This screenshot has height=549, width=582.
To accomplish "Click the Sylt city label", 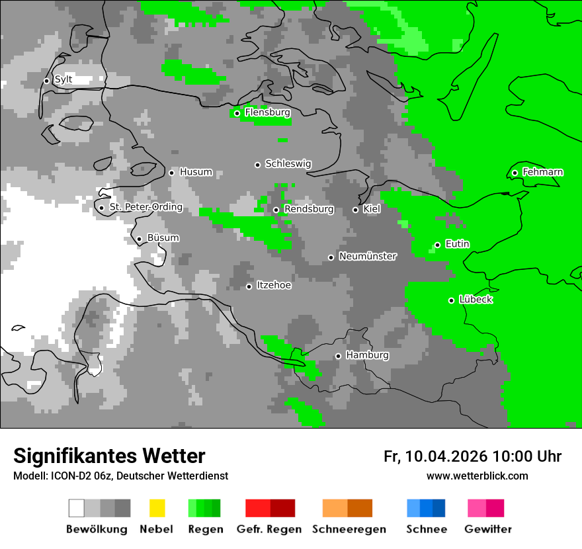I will (x=63, y=79).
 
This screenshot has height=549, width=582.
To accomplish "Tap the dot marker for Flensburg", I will (x=237, y=113).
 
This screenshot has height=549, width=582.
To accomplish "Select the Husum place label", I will (x=196, y=172).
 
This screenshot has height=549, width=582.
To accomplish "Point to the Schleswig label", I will (x=288, y=163).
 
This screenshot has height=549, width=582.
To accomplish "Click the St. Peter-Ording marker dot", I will (x=101, y=208).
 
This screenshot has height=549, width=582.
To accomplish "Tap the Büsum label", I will (x=163, y=238).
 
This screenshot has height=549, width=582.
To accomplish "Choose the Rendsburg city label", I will (x=309, y=209).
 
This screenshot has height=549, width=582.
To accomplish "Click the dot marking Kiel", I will (x=355, y=210).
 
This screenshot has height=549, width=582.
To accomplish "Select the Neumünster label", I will (x=368, y=256).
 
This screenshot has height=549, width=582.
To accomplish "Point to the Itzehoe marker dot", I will (x=249, y=286).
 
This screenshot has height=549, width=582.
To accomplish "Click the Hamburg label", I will (x=367, y=355).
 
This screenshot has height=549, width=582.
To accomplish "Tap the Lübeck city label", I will (x=476, y=300).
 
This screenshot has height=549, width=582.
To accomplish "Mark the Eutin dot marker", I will (x=437, y=245).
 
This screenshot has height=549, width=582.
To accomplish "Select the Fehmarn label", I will (x=542, y=172).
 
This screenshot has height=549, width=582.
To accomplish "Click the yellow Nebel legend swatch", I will (x=157, y=508).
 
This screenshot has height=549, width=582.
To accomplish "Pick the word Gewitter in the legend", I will (x=488, y=529).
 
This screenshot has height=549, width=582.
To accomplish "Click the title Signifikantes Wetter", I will (x=109, y=456).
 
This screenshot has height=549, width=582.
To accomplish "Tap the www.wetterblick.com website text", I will (x=477, y=476).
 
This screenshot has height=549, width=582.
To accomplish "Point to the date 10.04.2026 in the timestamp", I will (x=446, y=456).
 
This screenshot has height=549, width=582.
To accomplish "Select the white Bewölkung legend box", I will (x=77, y=508).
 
